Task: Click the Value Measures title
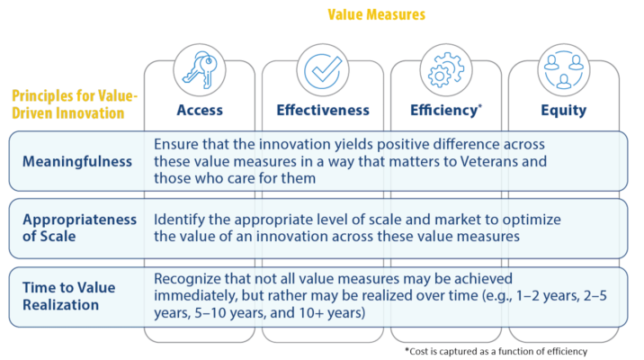(376, 14)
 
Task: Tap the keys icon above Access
(200, 70)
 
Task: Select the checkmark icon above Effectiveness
(323, 70)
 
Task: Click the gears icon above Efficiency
(446, 70)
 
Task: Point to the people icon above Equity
(563, 70)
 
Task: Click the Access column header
(200, 110)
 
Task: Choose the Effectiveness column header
(323, 110)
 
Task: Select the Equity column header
(563, 110)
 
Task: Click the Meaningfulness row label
(77, 161)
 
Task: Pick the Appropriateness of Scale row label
(80, 228)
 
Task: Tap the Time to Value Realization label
(68, 296)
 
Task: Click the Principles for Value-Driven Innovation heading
(75, 104)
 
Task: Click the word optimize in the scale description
(532, 220)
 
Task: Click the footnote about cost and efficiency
(496, 351)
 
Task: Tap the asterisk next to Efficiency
(479, 106)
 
